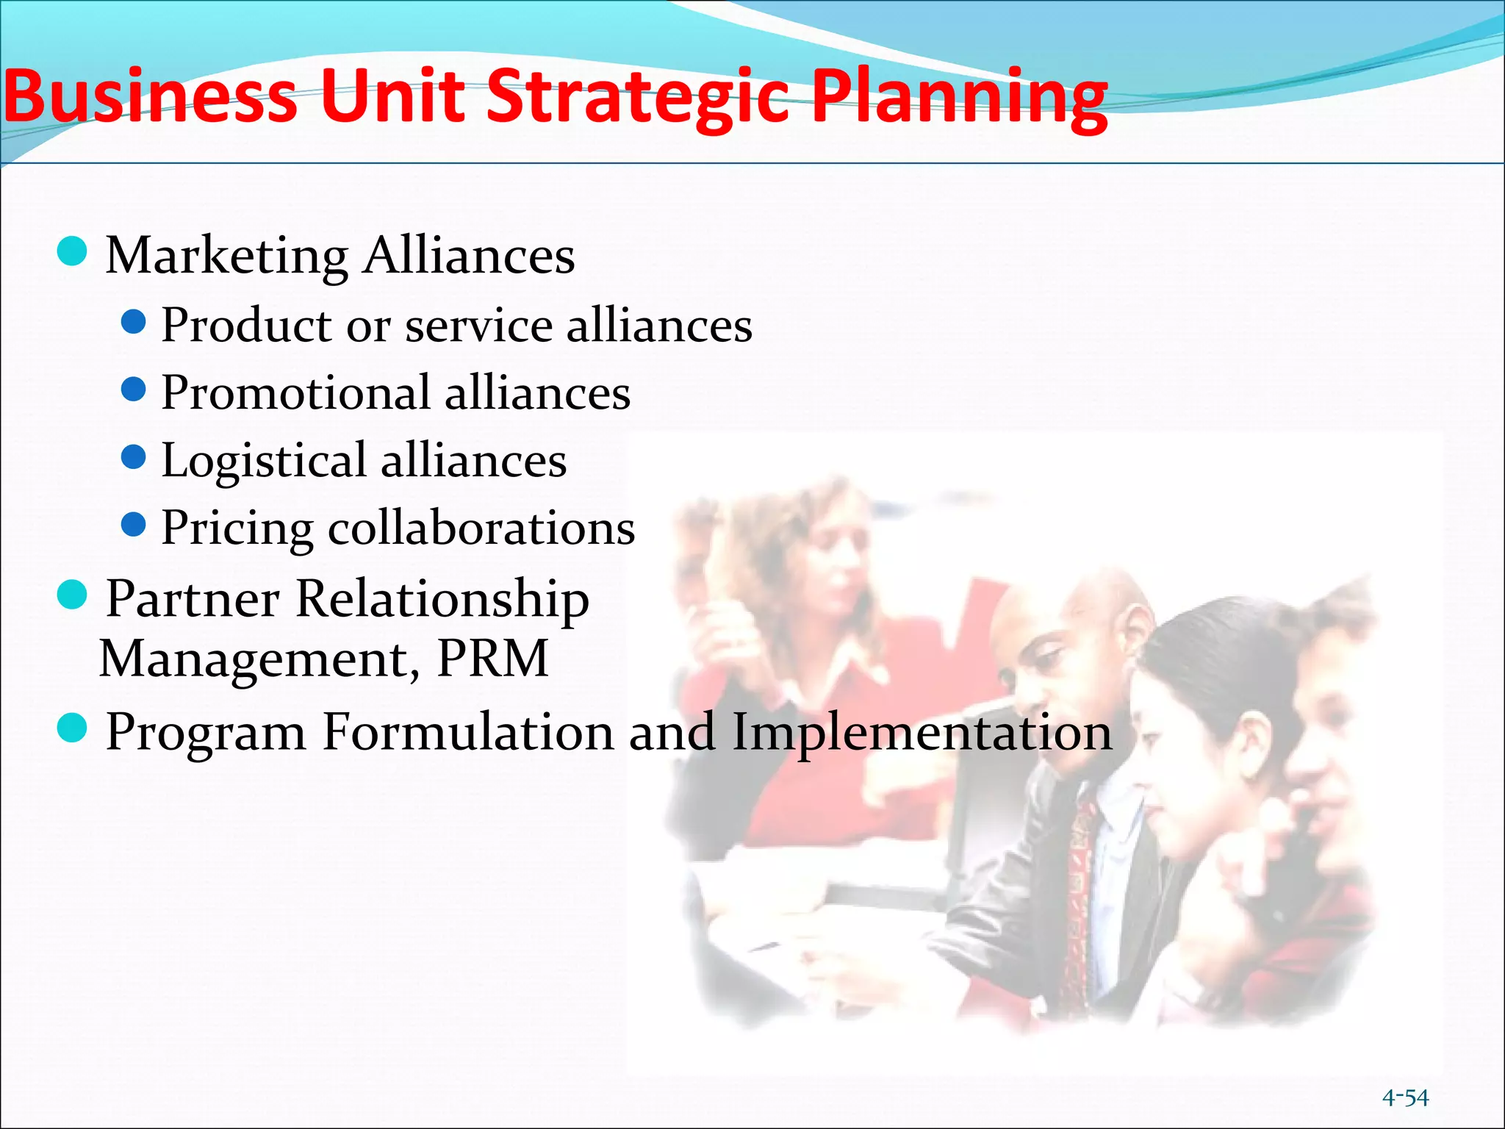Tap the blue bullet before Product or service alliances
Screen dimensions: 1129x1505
133,321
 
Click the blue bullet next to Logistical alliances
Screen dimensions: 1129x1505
133,457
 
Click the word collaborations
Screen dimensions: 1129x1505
481,528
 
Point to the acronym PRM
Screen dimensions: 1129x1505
492,658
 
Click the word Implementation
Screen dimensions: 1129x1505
922,734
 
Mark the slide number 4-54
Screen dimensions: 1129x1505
1405,1097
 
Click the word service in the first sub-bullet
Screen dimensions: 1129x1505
478,325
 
